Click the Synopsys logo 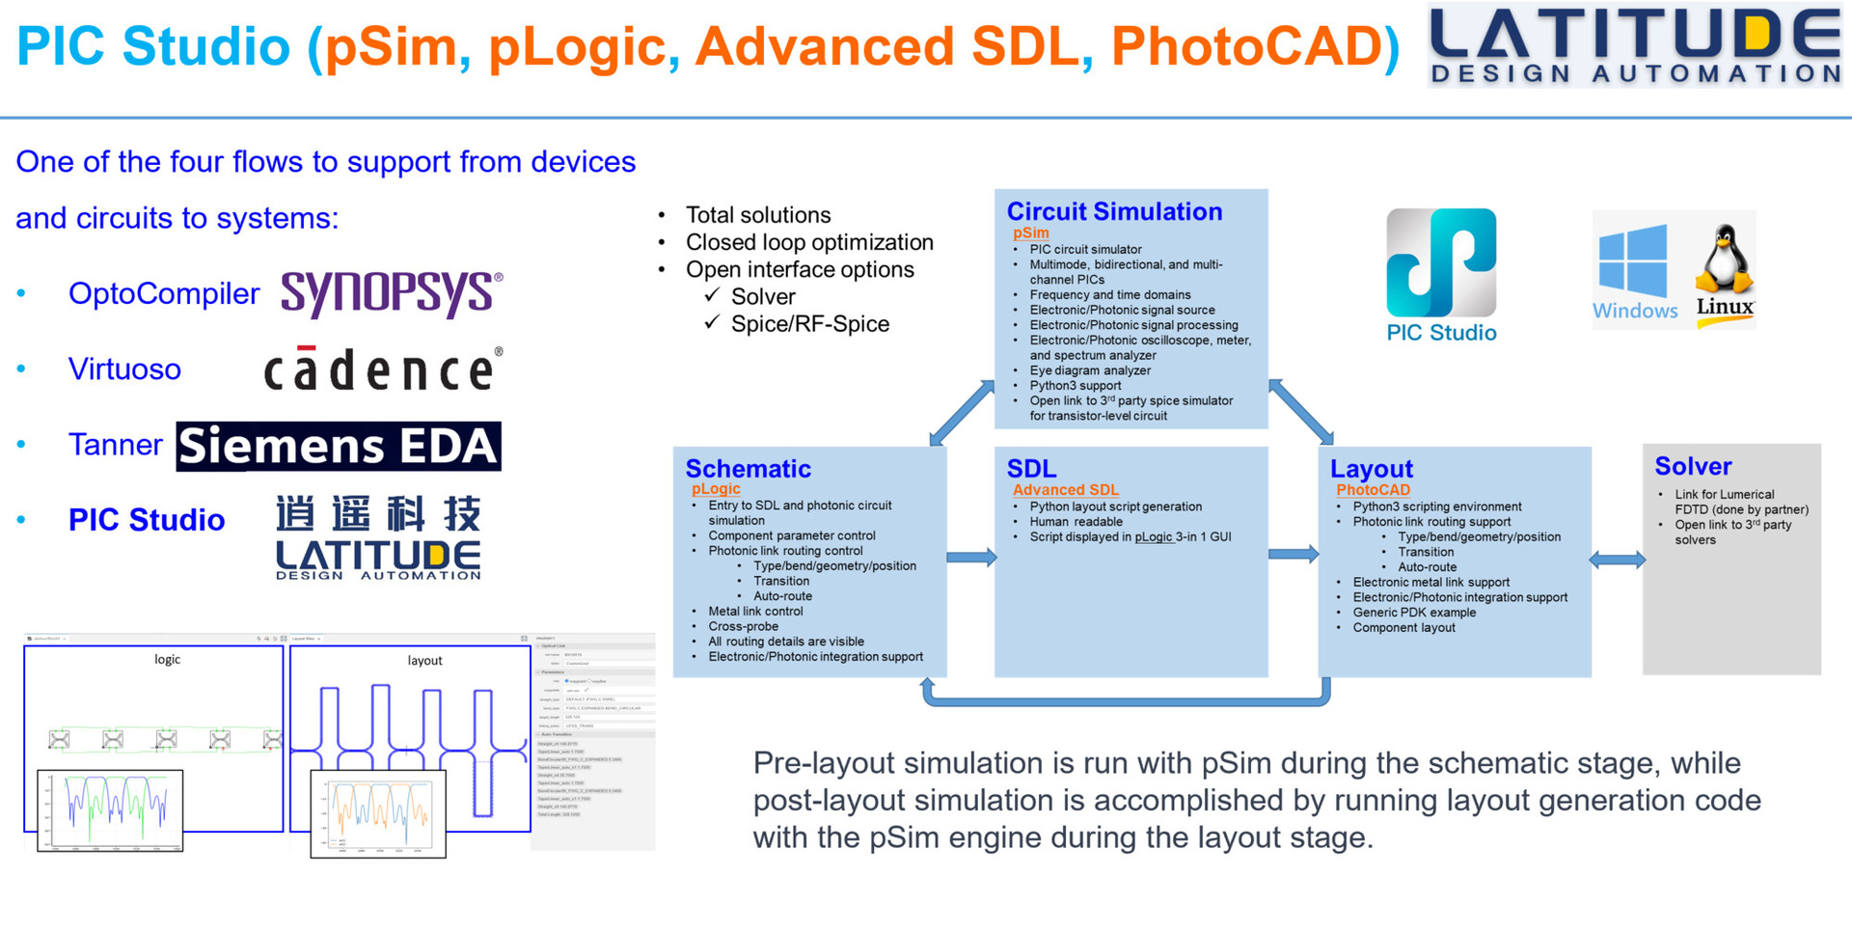click(x=391, y=292)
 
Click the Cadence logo click(x=383, y=369)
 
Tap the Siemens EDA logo click(x=339, y=447)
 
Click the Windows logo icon click(x=1632, y=261)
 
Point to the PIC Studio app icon click(x=1441, y=263)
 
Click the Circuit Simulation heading click(x=1114, y=212)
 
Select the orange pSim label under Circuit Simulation click(x=1030, y=233)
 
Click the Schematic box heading click(x=748, y=469)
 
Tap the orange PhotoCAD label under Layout click(x=1373, y=489)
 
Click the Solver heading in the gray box click(x=1693, y=467)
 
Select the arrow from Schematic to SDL click(x=971, y=557)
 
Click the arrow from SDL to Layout click(x=1294, y=554)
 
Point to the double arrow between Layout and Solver click(x=1618, y=560)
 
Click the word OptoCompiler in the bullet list click(x=164, y=293)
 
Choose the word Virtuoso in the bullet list click(x=124, y=369)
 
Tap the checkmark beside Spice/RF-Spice click(x=712, y=322)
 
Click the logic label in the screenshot click(x=167, y=659)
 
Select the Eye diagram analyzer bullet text click(x=1090, y=370)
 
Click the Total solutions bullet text click(x=758, y=215)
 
